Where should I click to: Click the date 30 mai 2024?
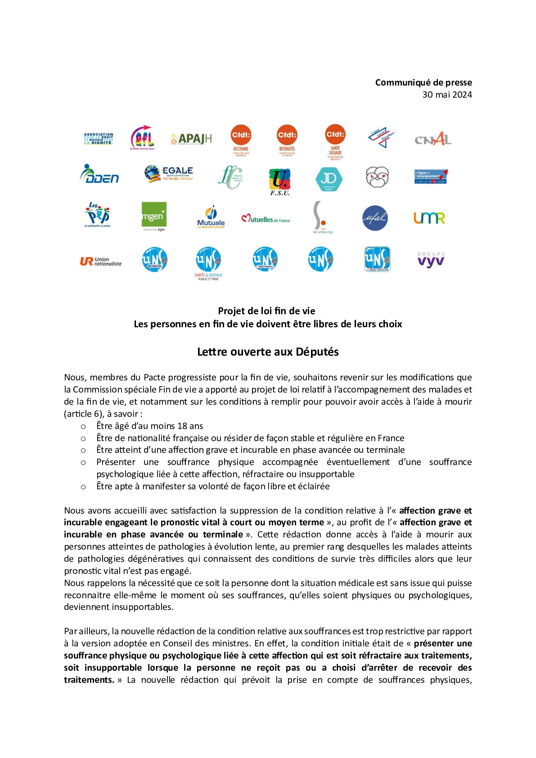[x=447, y=95]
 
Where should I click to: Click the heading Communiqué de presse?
[x=423, y=82]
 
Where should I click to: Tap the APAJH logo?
[x=191, y=139]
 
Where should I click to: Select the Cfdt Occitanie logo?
[x=241, y=140]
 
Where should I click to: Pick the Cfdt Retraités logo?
[x=287, y=140]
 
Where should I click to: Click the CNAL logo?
[x=433, y=139]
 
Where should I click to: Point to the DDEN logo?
[x=99, y=174]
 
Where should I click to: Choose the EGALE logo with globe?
[x=169, y=173]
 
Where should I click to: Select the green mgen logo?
[x=153, y=217]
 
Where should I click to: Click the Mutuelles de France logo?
[x=266, y=219]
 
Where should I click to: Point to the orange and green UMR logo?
[x=429, y=218]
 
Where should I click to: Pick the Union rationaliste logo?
[x=101, y=261]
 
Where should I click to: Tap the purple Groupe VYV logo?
[x=431, y=260]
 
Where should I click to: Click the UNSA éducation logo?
[x=377, y=259]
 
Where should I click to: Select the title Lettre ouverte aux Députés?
[x=268, y=352]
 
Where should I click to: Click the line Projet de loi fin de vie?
[x=266, y=311]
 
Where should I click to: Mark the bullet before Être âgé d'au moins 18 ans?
[x=83, y=426]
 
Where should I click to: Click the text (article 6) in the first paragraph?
[x=84, y=414]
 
